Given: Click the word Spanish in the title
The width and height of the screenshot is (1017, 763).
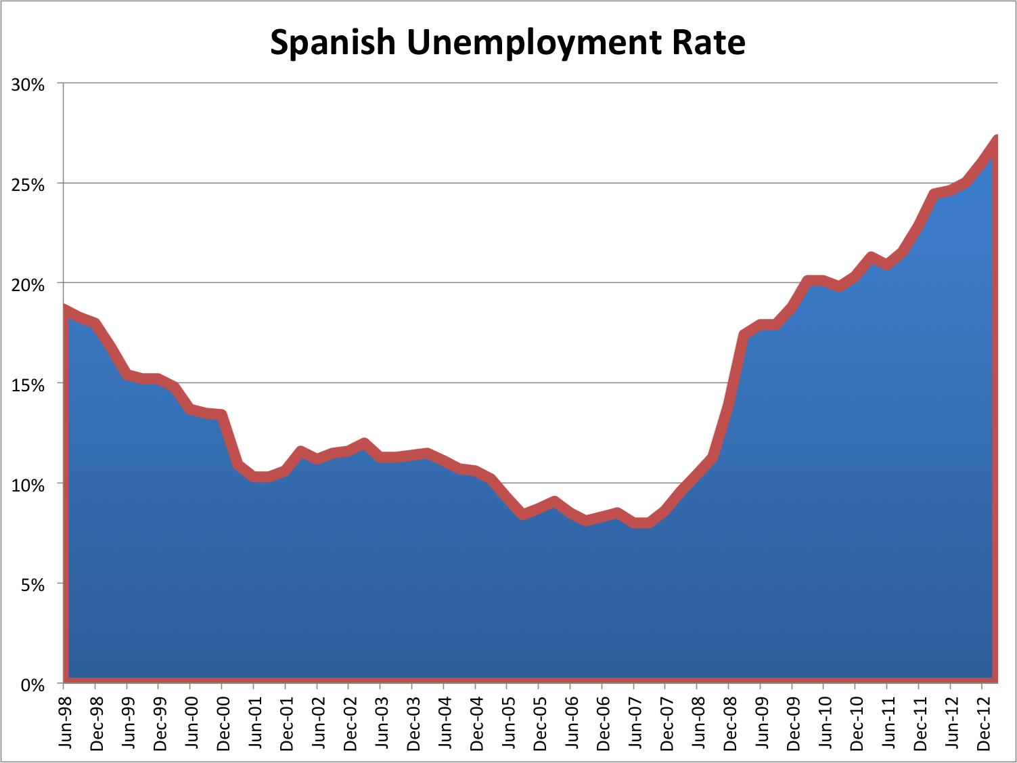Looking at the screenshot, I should (332, 43).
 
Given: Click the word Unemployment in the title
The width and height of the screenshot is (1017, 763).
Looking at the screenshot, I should (533, 43).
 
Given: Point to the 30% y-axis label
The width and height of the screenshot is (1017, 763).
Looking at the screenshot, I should (28, 85).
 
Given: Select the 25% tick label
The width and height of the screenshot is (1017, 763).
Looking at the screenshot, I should (28, 185).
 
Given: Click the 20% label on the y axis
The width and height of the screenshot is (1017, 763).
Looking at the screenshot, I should (28, 284).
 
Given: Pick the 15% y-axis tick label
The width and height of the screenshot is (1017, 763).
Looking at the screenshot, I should (28, 385).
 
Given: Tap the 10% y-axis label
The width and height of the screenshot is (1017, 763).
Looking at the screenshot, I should (28, 485).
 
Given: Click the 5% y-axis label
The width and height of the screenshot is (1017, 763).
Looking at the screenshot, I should (32, 585).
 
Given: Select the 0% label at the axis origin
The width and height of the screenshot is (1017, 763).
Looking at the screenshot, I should (32, 685).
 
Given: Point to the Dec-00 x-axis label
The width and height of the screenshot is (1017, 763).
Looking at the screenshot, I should (224, 724).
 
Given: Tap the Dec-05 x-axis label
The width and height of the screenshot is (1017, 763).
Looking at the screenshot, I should (541, 724).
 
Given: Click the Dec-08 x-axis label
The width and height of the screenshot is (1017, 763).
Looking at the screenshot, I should (731, 724).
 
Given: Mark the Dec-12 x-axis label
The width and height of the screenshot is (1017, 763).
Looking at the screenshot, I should (984, 724).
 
